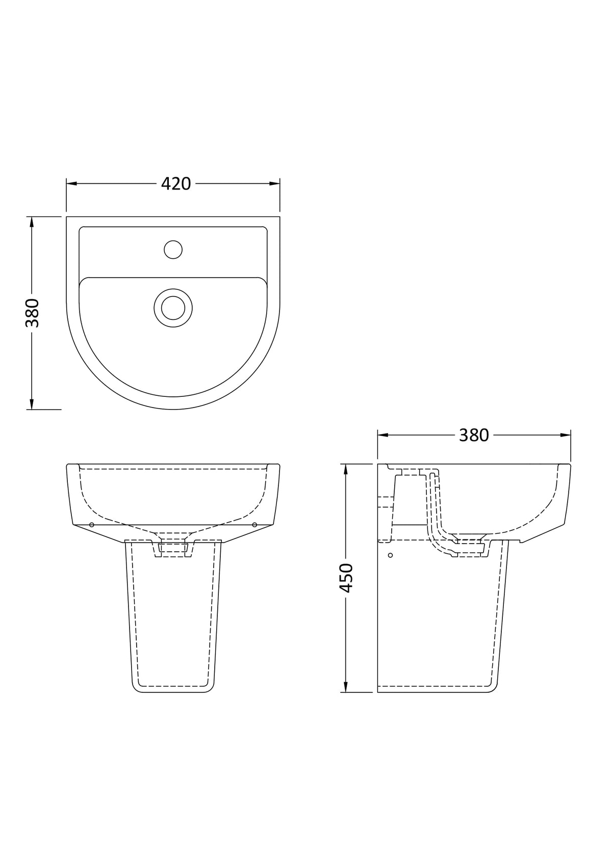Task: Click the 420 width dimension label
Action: point(176,184)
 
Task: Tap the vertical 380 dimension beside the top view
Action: point(33,312)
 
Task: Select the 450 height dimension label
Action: point(346,578)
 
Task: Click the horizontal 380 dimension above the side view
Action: point(474,435)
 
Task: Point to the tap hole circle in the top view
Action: point(173,250)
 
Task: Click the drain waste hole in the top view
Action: point(173,308)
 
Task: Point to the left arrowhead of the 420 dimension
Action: point(71,184)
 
